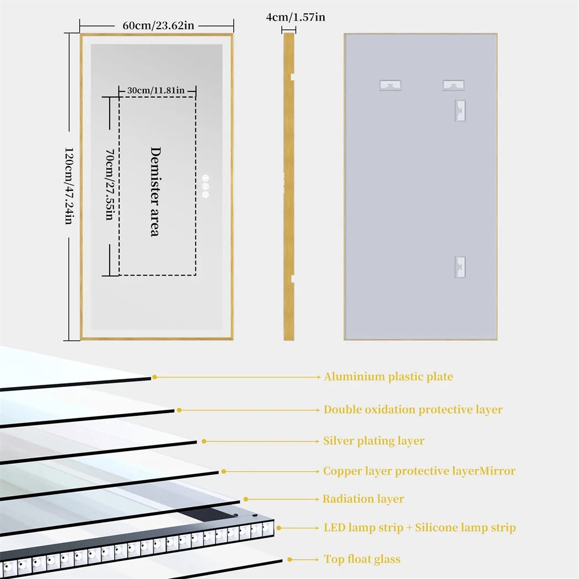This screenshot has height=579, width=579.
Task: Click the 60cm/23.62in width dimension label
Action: pyautogui.click(x=157, y=25)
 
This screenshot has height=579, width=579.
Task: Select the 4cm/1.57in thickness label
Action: pyautogui.click(x=296, y=17)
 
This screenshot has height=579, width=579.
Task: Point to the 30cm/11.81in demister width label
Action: pyautogui.click(x=156, y=90)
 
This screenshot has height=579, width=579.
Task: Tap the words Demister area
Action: pyautogui.click(x=155, y=191)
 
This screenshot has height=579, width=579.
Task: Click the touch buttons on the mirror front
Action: pyautogui.click(x=206, y=186)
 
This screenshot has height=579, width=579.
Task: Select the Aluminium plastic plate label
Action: pyautogui.click(x=388, y=377)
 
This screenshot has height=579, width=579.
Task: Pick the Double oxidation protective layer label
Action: pyautogui.click(x=413, y=410)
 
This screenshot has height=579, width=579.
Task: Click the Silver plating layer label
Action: pyautogui.click(x=374, y=441)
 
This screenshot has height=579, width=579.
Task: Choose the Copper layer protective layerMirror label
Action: pyautogui.click(x=419, y=471)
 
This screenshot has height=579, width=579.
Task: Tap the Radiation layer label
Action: pyautogui.click(x=363, y=499)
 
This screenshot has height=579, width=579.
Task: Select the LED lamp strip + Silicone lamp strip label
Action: pyautogui.click(x=420, y=528)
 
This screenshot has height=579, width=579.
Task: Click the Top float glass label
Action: pyautogui.click(x=362, y=559)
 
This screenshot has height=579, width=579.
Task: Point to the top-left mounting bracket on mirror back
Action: pyautogui.click(x=390, y=85)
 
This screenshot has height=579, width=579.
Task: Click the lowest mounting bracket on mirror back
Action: pyautogui.click(x=460, y=267)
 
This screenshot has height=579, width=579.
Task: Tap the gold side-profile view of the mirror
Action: pyautogui.click(x=288, y=186)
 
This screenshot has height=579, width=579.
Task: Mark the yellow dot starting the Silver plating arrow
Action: pyautogui.click(x=204, y=441)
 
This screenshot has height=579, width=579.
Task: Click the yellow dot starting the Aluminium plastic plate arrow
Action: pyautogui.click(x=155, y=377)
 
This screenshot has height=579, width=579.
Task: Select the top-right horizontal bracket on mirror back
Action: pyautogui.click(x=453, y=85)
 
